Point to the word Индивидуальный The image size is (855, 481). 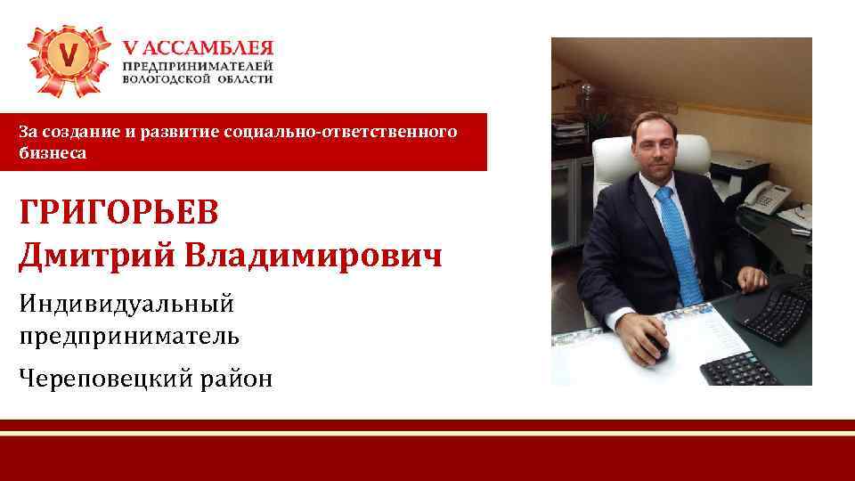pos(126,305)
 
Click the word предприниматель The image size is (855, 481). pos(128,336)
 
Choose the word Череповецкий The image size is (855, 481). pos(107,379)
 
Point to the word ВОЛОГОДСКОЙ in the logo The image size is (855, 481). pos(166,78)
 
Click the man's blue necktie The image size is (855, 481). pos(677,240)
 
